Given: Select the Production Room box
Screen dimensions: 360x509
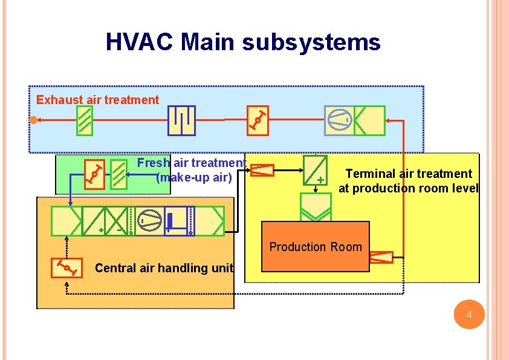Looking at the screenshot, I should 315,246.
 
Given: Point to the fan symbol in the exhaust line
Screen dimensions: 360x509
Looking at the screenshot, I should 339,120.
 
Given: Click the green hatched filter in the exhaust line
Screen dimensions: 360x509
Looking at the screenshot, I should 85,121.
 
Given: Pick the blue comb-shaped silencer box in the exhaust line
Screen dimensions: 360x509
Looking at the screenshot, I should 181,120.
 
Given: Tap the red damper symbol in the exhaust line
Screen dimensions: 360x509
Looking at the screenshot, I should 258,119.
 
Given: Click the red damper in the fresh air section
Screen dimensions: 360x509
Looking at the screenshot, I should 94,174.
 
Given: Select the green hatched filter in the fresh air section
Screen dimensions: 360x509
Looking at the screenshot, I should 120,174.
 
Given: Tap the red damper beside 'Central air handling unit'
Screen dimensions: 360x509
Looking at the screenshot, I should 66,267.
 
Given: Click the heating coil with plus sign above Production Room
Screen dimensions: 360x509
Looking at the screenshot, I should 314,170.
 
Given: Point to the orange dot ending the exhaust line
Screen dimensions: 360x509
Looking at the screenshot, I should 34,119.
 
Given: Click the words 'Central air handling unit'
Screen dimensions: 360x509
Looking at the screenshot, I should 164,268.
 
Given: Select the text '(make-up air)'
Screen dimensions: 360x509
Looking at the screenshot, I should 193,177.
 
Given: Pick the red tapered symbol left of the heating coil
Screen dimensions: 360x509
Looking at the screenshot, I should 262,171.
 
